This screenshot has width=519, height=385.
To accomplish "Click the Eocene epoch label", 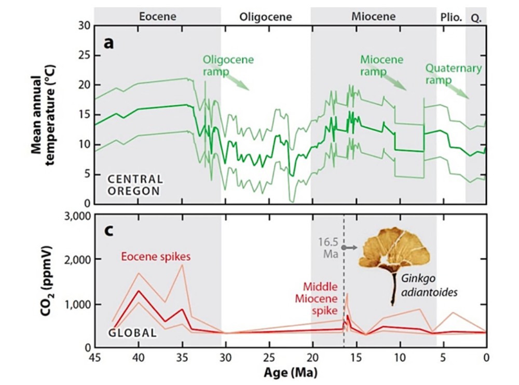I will pos(158,17).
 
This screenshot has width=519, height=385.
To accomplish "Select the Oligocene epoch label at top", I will pos(265,17).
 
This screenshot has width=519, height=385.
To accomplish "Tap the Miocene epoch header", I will pos(373,17).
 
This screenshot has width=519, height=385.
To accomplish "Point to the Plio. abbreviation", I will pos(451,17).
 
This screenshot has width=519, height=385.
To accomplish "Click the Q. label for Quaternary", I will pos(475,17).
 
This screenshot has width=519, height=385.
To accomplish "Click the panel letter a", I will pos(108,42).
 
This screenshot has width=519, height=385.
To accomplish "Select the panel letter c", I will pos(108,231).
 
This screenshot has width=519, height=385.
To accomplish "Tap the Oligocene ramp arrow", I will pos(237,81).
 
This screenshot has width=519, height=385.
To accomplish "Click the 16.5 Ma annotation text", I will pos(330,247).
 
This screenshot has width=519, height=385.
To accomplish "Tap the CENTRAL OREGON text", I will pos(135,185).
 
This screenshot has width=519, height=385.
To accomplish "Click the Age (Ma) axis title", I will pos(290,372).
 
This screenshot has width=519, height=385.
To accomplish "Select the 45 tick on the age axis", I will pos(94,358).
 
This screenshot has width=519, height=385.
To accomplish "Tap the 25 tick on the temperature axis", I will pos(84,55).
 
